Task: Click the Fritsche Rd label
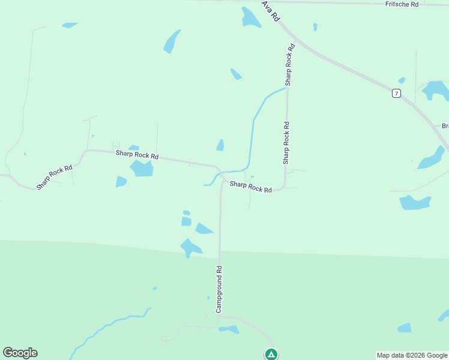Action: (402, 4)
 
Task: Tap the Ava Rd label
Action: (271, 11)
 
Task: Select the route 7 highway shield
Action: (396, 93)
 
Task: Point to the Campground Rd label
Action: (220, 289)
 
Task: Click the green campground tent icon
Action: (271, 355)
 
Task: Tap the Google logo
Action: (20, 353)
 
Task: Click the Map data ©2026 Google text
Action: (412, 355)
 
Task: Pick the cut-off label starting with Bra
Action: (445, 126)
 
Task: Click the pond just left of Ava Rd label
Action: (250, 17)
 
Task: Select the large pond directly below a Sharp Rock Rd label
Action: (142, 169)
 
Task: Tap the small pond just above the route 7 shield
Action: (402, 80)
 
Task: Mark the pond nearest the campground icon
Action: (229, 329)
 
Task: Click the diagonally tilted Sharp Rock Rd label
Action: (54, 178)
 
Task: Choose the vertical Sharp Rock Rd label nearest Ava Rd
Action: (290, 64)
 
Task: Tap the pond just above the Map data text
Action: (405, 328)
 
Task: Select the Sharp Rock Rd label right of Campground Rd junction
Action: (251, 188)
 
